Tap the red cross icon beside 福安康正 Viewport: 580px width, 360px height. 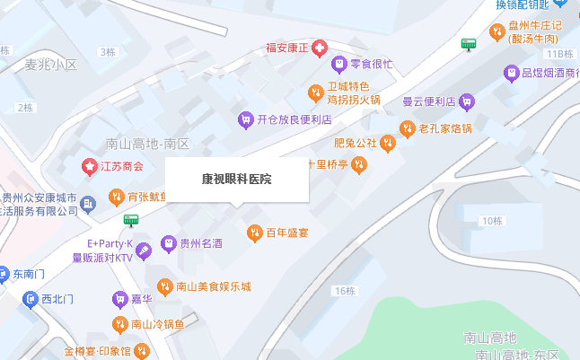click(x=321, y=48)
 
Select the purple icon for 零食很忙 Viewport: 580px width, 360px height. click(x=338, y=64)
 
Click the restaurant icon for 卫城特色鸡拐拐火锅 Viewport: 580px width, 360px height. click(x=314, y=92)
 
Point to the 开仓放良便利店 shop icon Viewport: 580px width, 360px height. click(x=245, y=119)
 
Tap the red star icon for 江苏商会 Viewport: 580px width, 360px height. click(x=89, y=166)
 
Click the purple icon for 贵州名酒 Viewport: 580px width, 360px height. click(x=168, y=243)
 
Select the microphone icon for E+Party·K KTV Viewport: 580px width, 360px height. click(x=145, y=250)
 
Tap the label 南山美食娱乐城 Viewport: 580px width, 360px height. click(x=213, y=287)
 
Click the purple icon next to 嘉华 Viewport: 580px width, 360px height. click(x=119, y=298)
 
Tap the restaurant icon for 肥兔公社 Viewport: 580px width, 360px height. click(x=387, y=143)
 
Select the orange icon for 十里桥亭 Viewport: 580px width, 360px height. click(x=358, y=164)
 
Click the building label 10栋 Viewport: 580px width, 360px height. click(x=492, y=221)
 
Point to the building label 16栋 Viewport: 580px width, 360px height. click(x=345, y=291)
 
